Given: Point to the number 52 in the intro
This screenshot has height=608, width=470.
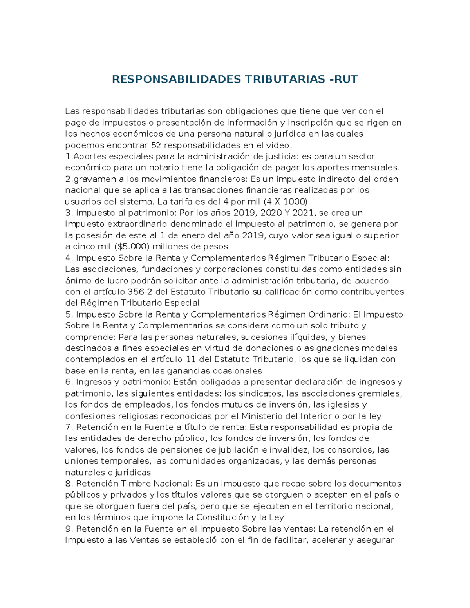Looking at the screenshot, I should [x=155, y=145].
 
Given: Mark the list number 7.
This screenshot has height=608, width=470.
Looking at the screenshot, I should [x=69, y=427].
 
